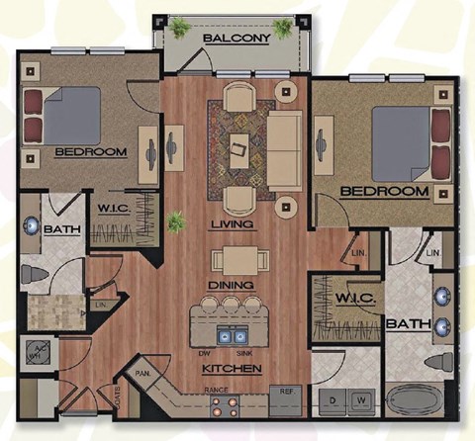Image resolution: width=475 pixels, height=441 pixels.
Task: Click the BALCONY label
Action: click(237, 39)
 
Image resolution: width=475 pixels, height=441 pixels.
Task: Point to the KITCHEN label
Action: click(234, 370)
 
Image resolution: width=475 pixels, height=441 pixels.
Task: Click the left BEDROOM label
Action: click(90, 152)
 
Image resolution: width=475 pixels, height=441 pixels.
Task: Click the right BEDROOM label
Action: click(383, 190)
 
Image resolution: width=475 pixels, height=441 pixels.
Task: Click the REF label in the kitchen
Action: click(286, 391)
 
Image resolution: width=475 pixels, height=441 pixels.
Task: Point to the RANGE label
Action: click(217, 391)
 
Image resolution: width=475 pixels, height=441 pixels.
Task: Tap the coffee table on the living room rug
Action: click(239, 150)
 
